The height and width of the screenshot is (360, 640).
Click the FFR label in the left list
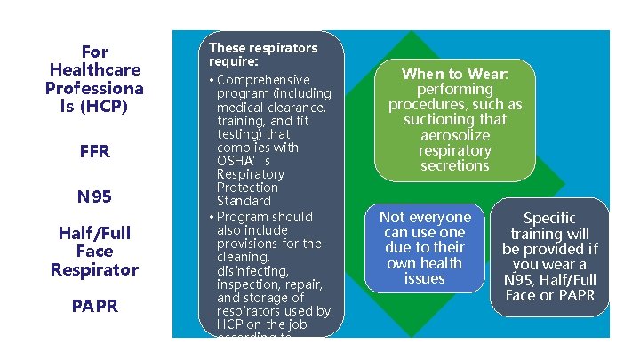tap(94, 152)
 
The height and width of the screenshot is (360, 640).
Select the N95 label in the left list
tap(94, 196)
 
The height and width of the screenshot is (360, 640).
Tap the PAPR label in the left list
tap(94, 307)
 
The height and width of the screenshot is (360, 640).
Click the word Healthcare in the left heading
tap(94, 69)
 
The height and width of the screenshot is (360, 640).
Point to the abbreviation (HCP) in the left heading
tap(104, 107)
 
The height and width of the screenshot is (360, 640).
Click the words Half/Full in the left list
tap(94, 233)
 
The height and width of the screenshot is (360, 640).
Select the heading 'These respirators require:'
tap(262, 54)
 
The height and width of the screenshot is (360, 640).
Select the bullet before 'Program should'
tap(212, 217)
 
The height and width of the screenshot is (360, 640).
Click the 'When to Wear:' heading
tap(455, 75)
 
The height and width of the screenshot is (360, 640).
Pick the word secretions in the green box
tap(455, 164)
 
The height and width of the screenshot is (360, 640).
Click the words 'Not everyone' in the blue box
tap(425, 218)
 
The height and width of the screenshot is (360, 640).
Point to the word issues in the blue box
tap(425, 278)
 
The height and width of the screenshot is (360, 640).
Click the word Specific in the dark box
tap(549, 218)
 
